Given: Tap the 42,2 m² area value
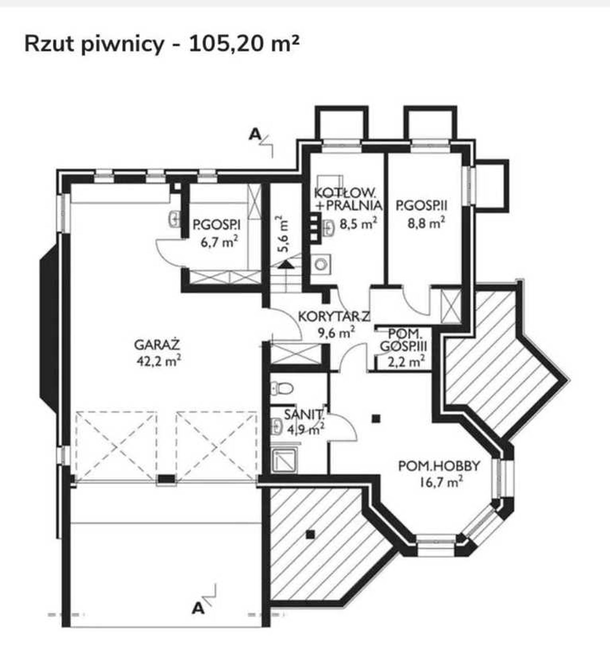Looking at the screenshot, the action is (x=159, y=361).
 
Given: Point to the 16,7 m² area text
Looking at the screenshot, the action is (x=441, y=482).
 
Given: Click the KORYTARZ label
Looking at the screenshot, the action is (x=334, y=317).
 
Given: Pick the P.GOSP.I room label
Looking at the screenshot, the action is (x=216, y=225).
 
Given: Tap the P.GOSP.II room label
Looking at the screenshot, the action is (x=422, y=206).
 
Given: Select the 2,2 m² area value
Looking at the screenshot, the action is (x=406, y=362).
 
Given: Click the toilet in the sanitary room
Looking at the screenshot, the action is (x=282, y=387).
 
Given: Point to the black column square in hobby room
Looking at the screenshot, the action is (x=376, y=418).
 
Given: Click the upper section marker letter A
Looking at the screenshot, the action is (x=255, y=135).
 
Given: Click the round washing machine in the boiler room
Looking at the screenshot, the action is (x=321, y=264).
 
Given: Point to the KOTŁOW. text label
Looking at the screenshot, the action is (x=345, y=193).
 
